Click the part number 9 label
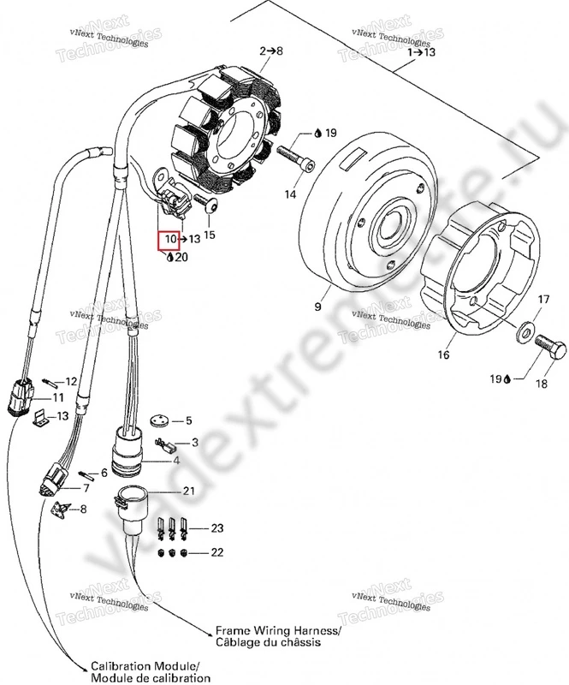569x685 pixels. pyautogui.click(x=318, y=307)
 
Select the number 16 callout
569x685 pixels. pyautogui.click(x=443, y=353)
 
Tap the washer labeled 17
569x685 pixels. pyautogui.click(x=523, y=327)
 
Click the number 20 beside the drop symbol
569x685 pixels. pyautogui.click(x=181, y=257)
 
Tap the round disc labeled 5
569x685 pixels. pyautogui.click(x=156, y=421)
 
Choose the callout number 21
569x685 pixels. pyautogui.click(x=188, y=491)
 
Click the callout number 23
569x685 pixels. pyautogui.click(x=217, y=528)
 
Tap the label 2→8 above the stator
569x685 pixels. pyautogui.click(x=271, y=52)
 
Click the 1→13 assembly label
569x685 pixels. pyautogui.click(x=421, y=52)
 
